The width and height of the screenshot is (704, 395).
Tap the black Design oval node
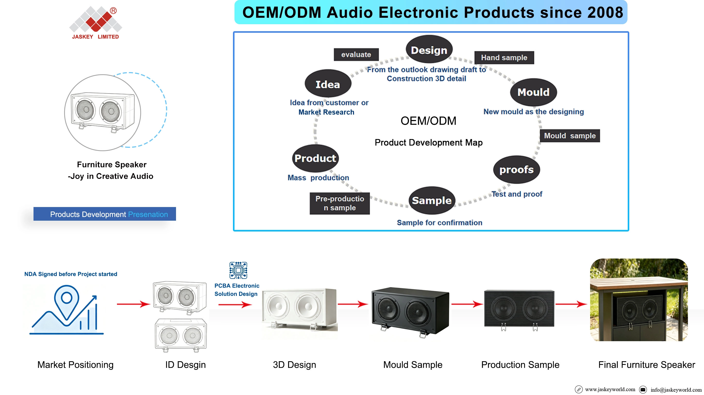point(429,49)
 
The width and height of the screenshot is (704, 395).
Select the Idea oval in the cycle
point(328,84)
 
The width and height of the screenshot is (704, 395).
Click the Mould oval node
point(533,92)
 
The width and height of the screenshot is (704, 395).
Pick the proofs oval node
point(516,170)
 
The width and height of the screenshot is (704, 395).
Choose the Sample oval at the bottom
point(432,200)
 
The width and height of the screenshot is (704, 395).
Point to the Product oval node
point(315,158)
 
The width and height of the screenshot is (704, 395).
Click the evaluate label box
point(356,55)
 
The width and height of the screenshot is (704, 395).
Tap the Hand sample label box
point(504,58)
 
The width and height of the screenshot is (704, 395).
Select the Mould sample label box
point(570,136)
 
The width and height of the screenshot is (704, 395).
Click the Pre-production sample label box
point(340,203)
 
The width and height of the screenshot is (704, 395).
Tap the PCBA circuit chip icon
point(238,270)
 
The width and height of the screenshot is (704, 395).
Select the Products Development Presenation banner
point(105,214)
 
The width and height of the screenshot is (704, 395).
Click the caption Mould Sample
point(413,365)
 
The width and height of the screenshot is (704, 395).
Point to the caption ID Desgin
point(185,365)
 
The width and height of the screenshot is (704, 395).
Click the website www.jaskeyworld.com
point(610,389)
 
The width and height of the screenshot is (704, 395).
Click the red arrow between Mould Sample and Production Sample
point(467,304)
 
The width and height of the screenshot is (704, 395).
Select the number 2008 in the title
point(605,12)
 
